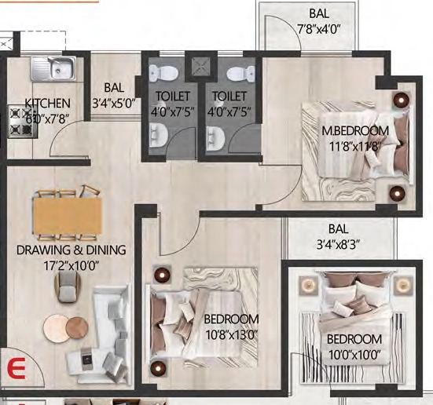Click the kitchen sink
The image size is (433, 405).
pos(53,69)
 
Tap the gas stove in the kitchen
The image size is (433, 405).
pos(21,122)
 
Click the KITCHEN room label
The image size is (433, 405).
pos(47,104)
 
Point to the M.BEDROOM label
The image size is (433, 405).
pos(355,130)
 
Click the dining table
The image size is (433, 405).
pos(68,212)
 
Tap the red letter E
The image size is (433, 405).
pos(17,368)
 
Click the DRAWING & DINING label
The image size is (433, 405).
pos(72,250)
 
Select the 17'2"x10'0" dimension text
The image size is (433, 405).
pos(72,266)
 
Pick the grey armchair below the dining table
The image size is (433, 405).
pos(67,287)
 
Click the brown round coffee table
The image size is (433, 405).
pos(77,328)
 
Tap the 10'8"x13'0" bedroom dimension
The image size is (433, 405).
pos(231,336)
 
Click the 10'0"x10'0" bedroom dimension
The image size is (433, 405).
pos(354,355)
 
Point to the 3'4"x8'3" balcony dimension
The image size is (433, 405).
pos(338,244)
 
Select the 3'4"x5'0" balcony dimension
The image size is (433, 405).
pos(114,104)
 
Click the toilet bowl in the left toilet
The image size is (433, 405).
pos(163,73)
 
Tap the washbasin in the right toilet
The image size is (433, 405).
pos(215,138)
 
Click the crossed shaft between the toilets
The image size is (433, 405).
pos(201,66)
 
